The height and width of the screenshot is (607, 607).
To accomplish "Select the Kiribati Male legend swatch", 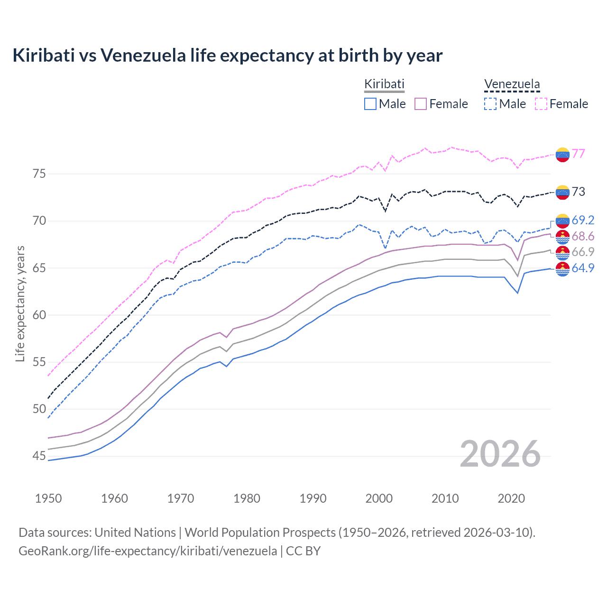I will tap(370, 104).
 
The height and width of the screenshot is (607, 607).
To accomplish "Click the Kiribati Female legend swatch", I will tap(421, 104).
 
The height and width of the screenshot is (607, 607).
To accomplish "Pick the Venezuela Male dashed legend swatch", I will tap(490, 104).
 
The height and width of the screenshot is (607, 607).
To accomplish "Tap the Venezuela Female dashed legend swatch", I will tap(541, 104).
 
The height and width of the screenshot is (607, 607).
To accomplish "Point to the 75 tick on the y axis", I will tap(39, 174).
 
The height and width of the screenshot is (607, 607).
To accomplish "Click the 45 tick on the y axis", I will tap(39, 456).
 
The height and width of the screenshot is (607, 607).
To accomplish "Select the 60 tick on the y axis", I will tap(39, 315).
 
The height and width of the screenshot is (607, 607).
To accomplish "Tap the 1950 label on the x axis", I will tap(48, 498).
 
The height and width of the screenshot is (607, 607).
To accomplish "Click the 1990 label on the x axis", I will tap(313, 498).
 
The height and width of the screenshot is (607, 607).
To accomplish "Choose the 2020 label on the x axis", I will tap(511, 498).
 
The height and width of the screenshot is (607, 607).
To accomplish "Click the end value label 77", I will tap(578, 154).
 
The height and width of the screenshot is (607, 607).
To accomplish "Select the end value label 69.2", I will tap(583, 220).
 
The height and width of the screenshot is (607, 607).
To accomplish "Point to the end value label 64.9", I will tap(583, 268).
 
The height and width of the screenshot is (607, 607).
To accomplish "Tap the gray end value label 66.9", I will tap(583, 252).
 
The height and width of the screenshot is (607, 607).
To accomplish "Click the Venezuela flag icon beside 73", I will tap(562, 192).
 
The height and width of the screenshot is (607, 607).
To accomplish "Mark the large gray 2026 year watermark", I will tap(500, 454).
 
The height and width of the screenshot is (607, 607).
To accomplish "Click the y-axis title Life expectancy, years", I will tap(20, 303).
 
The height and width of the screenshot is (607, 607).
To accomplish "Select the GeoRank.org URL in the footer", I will tap(147, 551).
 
